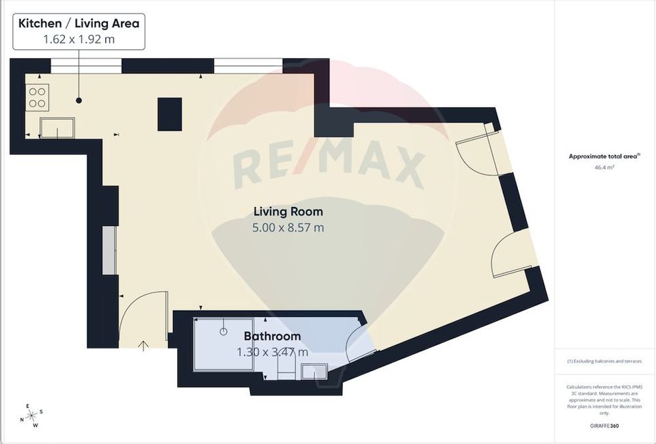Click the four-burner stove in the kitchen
click(x=37, y=97)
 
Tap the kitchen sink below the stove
click(x=57, y=127)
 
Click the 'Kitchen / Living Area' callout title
click(x=79, y=24)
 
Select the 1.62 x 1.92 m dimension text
click(x=79, y=40)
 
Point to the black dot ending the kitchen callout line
click(x=79, y=100)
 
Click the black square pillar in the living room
click(x=170, y=114)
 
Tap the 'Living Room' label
click(x=288, y=211)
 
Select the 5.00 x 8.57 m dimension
click(x=288, y=227)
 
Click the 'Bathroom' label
click(x=272, y=336)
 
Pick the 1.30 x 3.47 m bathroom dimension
click(x=272, y=352)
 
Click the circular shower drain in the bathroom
click(x=223, y=331)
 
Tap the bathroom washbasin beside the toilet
click(x=314, y=372)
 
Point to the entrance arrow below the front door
click(x=143, y=346)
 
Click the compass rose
click(x=31, y=415)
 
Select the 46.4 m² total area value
click(x=604, y=166)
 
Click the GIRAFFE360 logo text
click(x=604, y=426)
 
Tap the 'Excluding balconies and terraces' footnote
click(x=604, y=361)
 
